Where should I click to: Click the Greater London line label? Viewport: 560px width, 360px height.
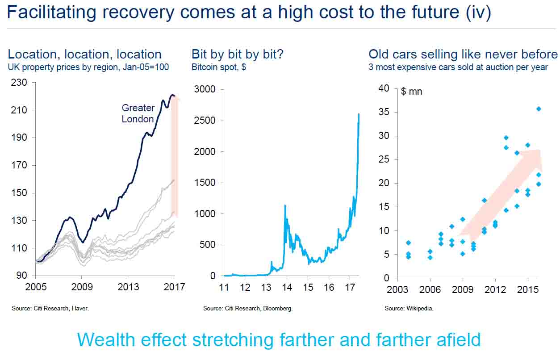(x=138, y=113)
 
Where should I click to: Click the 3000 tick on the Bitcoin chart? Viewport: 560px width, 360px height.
(x=206, y=89)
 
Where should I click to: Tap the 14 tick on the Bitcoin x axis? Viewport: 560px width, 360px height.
(x=287, y=287)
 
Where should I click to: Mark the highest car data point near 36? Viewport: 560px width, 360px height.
(x=539, y=109)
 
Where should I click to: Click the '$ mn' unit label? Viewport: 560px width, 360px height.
(x=411, y=92)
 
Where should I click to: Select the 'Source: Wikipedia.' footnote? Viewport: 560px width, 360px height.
(x=409, y=308)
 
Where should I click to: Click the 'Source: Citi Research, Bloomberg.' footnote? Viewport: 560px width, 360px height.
(x=248, y=308)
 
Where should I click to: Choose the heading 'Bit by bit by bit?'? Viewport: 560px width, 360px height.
(x=238, y=54)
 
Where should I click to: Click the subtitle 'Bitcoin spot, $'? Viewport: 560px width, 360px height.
(x=219, y=67)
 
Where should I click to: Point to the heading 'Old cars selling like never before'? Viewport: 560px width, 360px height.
(x=463, y=54)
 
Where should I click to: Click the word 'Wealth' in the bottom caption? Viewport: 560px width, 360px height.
(x=106, y=340)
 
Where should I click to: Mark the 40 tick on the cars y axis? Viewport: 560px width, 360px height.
(x=384, y=88)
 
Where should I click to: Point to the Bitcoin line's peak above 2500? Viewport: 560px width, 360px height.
(x=359, y=114)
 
